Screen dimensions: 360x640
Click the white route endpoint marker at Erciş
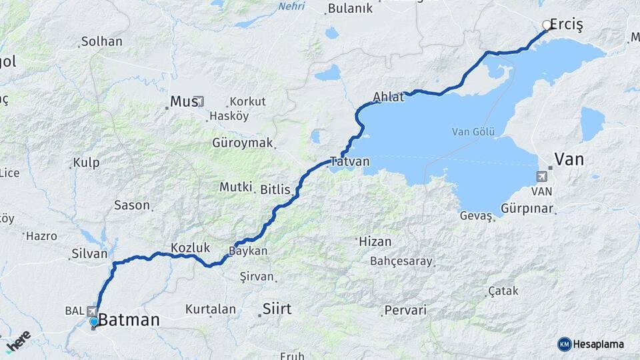[x=547, y=26]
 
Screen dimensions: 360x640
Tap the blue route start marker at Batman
[x=94, y=322]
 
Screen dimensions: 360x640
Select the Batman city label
[x=129, y=320]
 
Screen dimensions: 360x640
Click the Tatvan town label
[x=349, y=161]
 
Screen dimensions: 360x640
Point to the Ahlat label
[x=389, y=97]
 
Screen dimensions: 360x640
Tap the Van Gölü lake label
[x=473, y=131]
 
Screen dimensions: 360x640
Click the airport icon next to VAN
[x=540, y=177]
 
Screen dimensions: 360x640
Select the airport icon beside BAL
[x=91, y=311]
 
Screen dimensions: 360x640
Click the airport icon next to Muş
[x=200, y=102]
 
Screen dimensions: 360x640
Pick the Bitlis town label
[x=275, y=190]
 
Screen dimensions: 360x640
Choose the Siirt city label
[x=277, y=309]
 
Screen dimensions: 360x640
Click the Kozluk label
[x=190, y=247]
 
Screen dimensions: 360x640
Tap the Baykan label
[x=248, y=251]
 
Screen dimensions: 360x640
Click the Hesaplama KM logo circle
[x=564, y=344]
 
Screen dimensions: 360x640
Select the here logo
[x=18, y=340]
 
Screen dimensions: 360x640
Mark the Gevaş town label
[x=476, y=215]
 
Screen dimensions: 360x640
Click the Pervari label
[x=406, y=311]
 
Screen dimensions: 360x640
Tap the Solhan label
[x=101, y=41]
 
